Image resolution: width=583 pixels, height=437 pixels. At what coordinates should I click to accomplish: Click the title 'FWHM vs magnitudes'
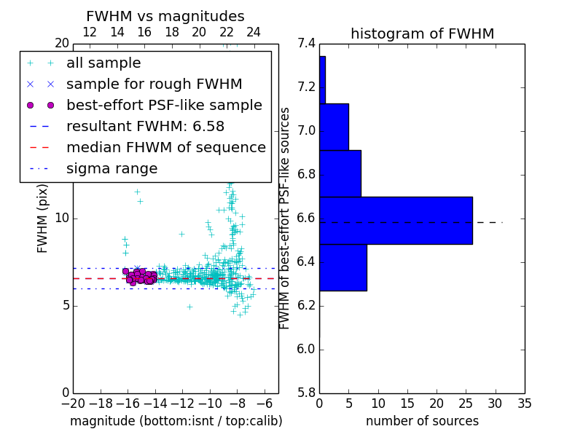click(165, 16)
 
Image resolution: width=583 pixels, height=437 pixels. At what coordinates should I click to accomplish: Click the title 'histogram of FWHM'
click(422, 34)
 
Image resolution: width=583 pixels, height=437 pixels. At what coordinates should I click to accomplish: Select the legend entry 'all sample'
click(103, 63)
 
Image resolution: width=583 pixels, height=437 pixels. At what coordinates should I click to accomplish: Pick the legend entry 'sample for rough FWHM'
click(154, 84)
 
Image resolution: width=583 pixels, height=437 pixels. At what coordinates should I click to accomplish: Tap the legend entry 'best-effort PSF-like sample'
click(164, 106)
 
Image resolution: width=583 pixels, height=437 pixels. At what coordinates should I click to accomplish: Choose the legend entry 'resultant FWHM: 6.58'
click(145, 127)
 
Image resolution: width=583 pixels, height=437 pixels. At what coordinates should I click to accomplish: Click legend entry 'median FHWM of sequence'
click(165, 148)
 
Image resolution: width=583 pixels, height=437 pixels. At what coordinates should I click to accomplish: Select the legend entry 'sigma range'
click(111, 169)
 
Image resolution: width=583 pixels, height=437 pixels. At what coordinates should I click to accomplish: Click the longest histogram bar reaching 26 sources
click(396, 221)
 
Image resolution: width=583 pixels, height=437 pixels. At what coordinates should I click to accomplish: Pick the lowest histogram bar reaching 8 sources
click(343, 267)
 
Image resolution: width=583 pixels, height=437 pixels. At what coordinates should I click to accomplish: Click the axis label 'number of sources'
click(422, 421)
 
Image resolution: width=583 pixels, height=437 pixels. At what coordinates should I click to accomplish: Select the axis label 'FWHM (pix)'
click(43, 219)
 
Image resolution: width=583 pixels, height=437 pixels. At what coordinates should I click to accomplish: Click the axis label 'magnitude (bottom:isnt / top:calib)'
click(176, 421)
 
